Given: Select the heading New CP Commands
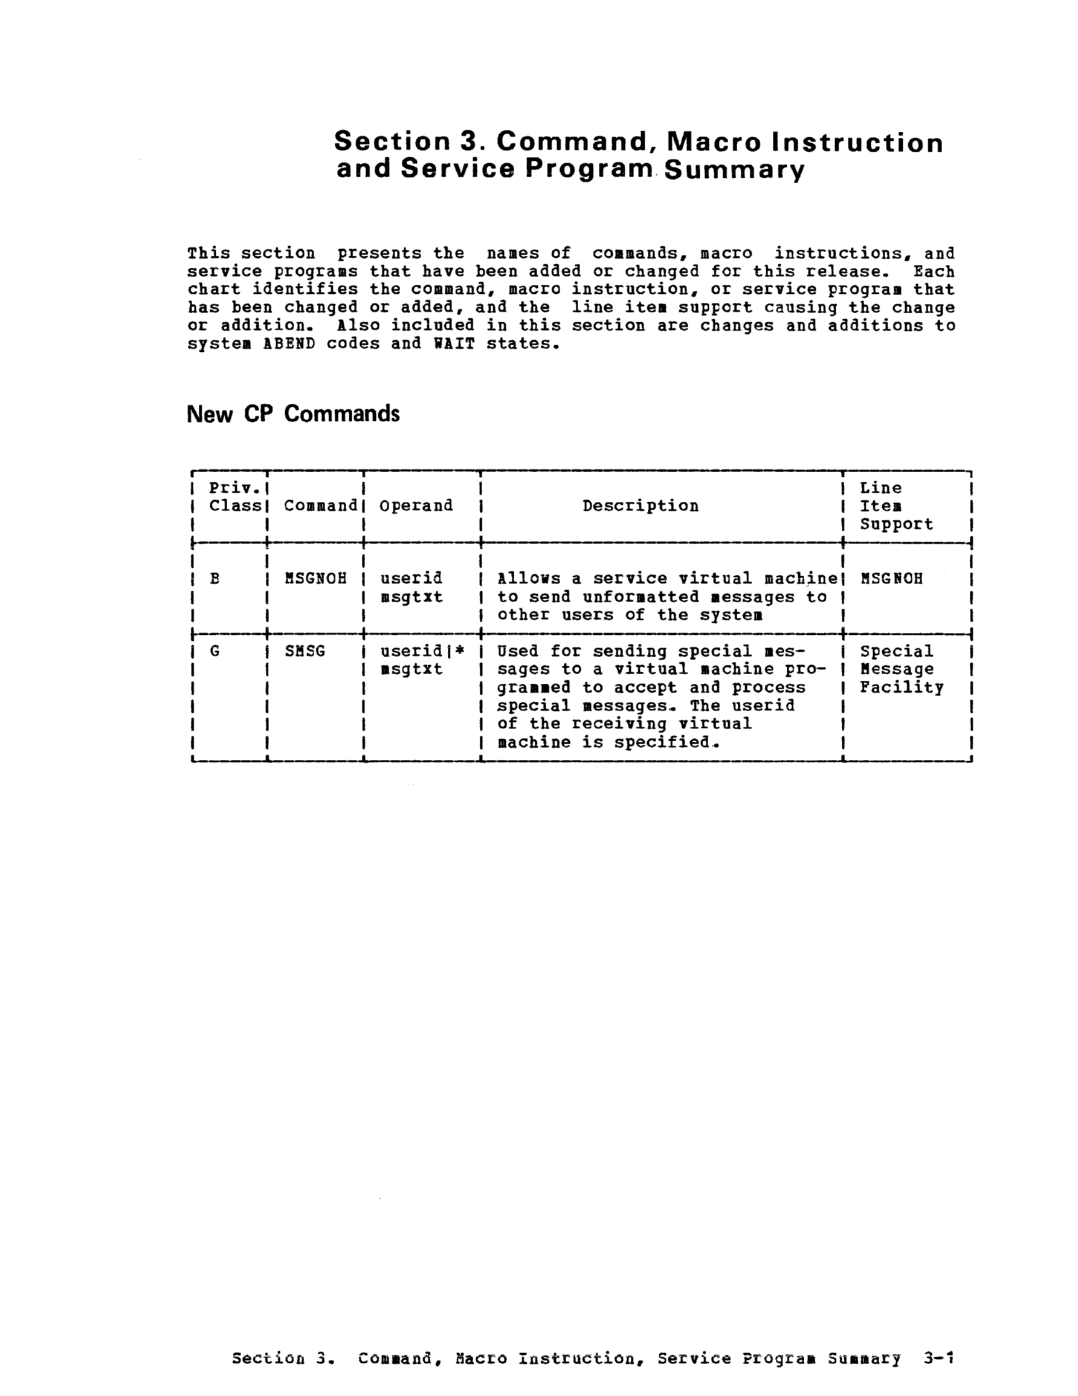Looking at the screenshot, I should (x=292, y=414).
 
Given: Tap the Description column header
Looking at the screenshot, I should (x=641, y=505).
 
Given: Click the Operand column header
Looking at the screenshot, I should (x=416, y=505).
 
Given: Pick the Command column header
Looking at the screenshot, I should (x=320, y=505).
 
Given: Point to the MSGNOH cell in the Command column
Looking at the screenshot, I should (x=315, y=579).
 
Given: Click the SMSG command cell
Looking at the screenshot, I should (x=305, y=651).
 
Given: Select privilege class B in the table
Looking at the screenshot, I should (x=215, y=579).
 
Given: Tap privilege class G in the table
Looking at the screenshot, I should (x=215, y=651).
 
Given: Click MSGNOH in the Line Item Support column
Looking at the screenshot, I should (x=891, y=579).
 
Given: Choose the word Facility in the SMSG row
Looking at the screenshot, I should (x=901, y=688).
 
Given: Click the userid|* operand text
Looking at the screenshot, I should (x=422, y=651).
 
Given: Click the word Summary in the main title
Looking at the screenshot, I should (x=734, y=170).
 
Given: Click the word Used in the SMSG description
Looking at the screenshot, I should (x=518, y=651).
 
